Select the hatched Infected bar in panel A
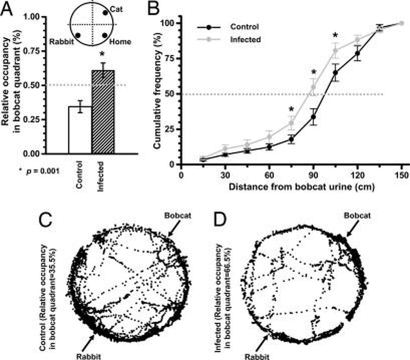coord(103,113)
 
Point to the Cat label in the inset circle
coord(116,9)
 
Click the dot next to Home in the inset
coord(105,35)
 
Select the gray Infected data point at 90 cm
coord(313,87)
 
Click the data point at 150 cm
coord(401,23)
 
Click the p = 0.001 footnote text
coord(39,170)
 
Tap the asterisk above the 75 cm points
coord(291,109)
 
